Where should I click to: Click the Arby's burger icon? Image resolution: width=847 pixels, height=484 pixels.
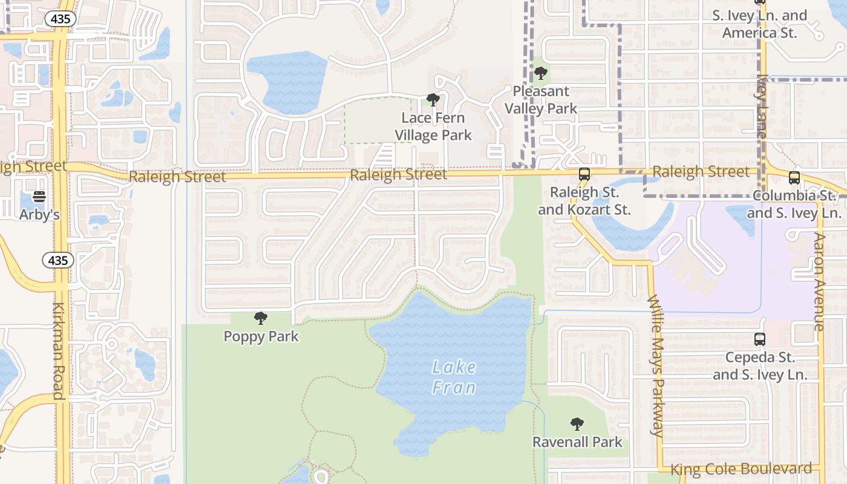click(x=39, y=196)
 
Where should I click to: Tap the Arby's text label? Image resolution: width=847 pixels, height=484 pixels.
click(x=39, y=214)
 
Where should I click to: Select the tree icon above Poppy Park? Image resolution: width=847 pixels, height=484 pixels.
click(x=261, y=318)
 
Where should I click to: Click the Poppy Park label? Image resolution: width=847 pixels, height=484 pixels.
click(x=261, y=336)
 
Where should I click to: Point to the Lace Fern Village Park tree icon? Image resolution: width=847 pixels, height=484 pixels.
click(x=433, y=99)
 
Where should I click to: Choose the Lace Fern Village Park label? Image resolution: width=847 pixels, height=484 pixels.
click(x=433, y=126)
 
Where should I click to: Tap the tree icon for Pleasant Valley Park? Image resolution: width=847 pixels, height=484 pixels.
click(x=541, y=73)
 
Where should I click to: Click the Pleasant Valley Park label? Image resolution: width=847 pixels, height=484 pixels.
click(x=541, y=100)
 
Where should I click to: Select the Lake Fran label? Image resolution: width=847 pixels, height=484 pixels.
click(x=454, y=377)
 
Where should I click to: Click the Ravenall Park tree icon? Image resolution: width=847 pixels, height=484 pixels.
click(x=577, y=423)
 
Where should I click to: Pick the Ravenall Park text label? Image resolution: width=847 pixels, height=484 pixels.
click(x=577, y=442)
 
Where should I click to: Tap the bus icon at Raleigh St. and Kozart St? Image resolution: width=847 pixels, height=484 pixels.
click(x=584, y=174)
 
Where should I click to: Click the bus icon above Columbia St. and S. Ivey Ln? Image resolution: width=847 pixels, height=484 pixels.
click(x=794, y=178)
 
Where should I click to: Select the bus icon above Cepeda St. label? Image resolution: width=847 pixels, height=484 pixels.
click(x=760, y=339)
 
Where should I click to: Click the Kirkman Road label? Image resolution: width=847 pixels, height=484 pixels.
click(x=59, y=351)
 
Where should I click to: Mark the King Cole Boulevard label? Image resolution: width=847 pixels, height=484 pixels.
click(x=741, y=469)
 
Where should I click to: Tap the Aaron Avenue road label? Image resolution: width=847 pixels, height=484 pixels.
click(x=819, y=281)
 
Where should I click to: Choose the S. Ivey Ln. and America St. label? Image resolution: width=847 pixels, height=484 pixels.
click(x=759, y=24)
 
